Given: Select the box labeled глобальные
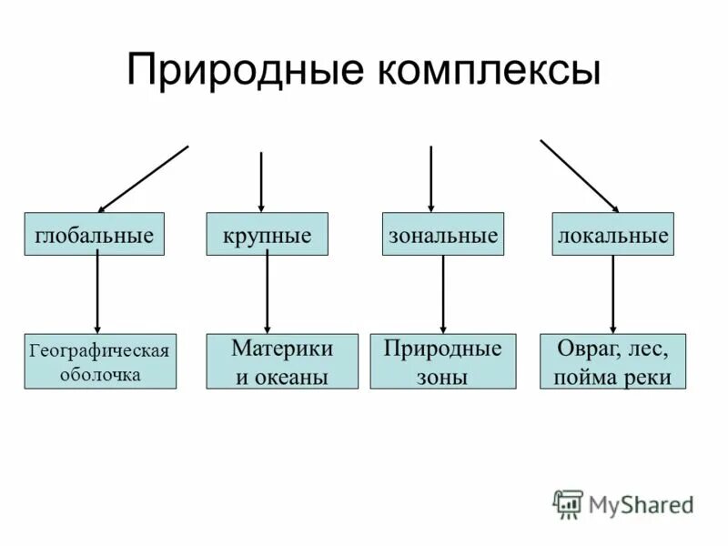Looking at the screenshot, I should [94, 235].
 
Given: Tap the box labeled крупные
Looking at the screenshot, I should [267, 235].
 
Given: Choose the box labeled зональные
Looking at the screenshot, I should [442, 235].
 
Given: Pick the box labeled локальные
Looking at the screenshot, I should [612, 235].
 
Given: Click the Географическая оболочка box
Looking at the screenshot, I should [100, 361].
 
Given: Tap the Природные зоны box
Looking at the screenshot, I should [443, 361].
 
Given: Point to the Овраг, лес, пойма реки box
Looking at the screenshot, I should [612, 361].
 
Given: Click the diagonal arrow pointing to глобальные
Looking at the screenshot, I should [143, 179].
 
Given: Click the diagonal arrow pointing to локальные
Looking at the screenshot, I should [580, 176].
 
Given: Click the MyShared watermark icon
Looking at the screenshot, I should [568, 503].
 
